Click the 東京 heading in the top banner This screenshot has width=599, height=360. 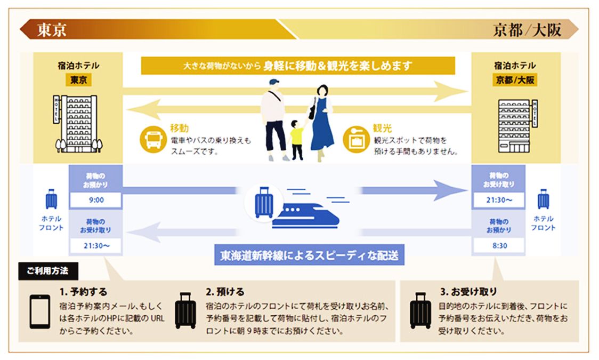52,30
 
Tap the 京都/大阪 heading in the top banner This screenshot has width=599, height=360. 527,30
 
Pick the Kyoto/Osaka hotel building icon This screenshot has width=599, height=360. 516,125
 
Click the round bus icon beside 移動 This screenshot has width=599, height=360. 151,138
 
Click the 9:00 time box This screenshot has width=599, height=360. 96,201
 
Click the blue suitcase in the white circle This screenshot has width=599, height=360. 264,202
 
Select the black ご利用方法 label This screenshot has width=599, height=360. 48,270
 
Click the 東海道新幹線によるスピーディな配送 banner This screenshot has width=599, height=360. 309,255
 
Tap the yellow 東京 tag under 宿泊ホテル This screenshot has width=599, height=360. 79,80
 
